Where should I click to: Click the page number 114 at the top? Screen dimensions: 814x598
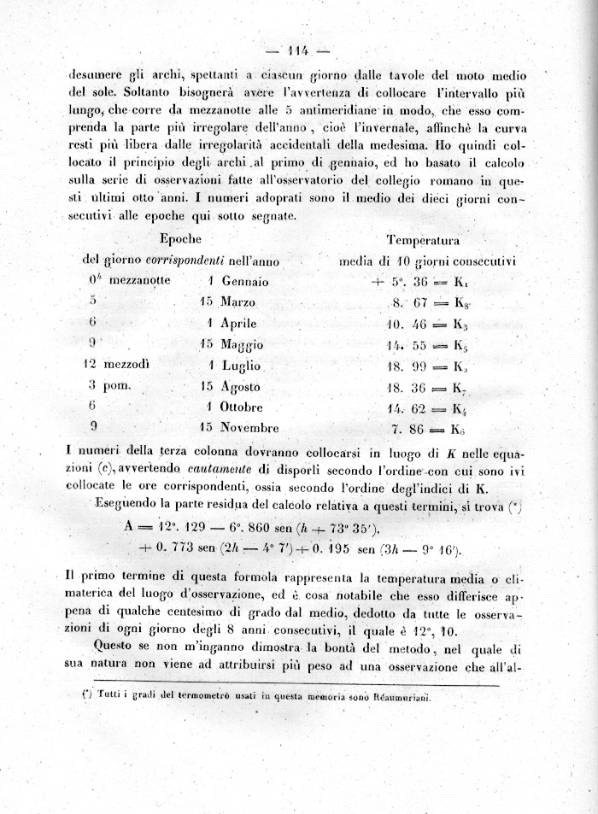pos(299,49)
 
